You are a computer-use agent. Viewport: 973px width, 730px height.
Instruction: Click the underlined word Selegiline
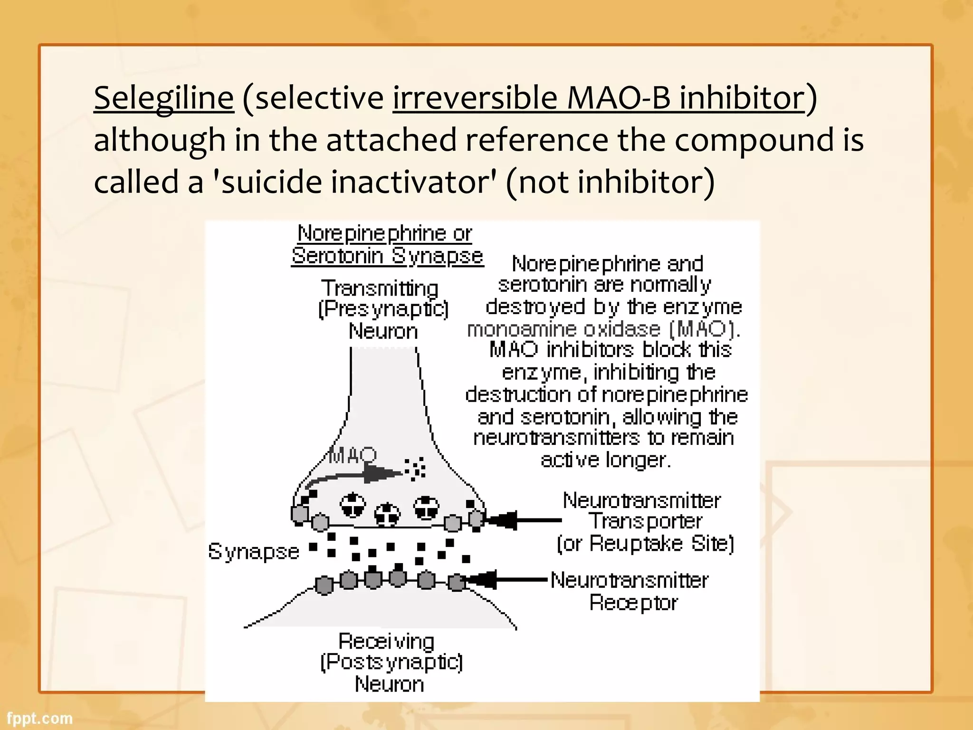(164, 98)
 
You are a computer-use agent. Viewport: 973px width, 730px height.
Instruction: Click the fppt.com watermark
(40, 718)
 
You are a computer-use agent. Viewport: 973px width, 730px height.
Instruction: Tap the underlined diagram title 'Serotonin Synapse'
(387, 256)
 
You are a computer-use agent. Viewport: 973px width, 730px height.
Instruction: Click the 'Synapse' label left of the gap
(254, 552)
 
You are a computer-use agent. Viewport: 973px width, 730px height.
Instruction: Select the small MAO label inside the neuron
(353, 455)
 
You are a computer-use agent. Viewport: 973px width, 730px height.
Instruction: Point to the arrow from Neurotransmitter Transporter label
(523, 520)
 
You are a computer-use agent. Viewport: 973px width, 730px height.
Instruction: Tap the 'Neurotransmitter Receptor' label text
(630, 591)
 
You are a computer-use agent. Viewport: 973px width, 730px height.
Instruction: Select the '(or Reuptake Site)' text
(645, 543)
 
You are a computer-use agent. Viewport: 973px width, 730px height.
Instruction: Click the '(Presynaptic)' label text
(383, 309)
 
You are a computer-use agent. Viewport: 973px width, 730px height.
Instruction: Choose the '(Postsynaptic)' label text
(391, 662)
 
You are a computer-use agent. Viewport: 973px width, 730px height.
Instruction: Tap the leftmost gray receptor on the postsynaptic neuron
(324, 585)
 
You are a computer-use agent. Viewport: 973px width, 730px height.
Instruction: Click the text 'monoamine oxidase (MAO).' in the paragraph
(603, 329)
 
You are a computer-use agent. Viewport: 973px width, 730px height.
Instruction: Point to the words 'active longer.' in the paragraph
(606, 460)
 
